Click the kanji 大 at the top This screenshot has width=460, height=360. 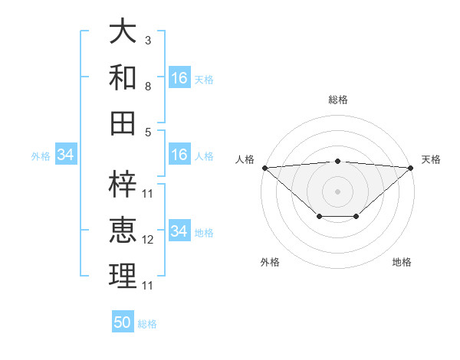pyautogui.click(x=123, y=31)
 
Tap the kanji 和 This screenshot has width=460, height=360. pyautogui.click(x=123, y=77)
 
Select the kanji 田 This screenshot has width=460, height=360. pyautogui.click(x=123, y=123)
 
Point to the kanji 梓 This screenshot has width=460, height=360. pyautogui.click(x=123, y=185)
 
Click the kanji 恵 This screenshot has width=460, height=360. pyautogui.click(x=123, y=231)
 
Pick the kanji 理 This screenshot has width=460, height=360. pyautogui.click(x=123, y=277)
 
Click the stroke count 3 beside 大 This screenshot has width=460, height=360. pyautogui.click(x=148, y=40)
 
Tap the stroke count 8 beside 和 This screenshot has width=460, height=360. pyautogui.click(x=148, y=86)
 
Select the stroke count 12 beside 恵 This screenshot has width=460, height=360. pyautogui.click(x=148, y=240)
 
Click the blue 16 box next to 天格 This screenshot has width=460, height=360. pyautogui.click(x=179, y=78)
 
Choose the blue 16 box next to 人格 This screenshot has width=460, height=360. pyautogui.click(x=179, y=155)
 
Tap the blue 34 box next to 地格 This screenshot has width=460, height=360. pyautogui.click(x=179, y=232)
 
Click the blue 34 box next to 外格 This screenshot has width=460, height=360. pyautogui.click(x=65, y=155)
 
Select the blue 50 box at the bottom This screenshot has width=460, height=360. pyautogui.click(x=123, y=322)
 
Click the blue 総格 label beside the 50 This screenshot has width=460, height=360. pyautogui.click(x=147, y=324)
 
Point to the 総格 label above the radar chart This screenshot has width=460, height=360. pyautogui.click(x=337, y=100)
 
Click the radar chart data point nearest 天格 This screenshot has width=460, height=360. pyautogui.click(x=411, y=168)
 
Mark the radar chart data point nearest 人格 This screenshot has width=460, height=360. pyautogui.click(x=264, y=168)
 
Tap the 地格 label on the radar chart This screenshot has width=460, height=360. pyautogui.click(x=402, y=262)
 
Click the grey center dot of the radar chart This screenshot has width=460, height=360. pyautogui.click(x=337, y=191)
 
